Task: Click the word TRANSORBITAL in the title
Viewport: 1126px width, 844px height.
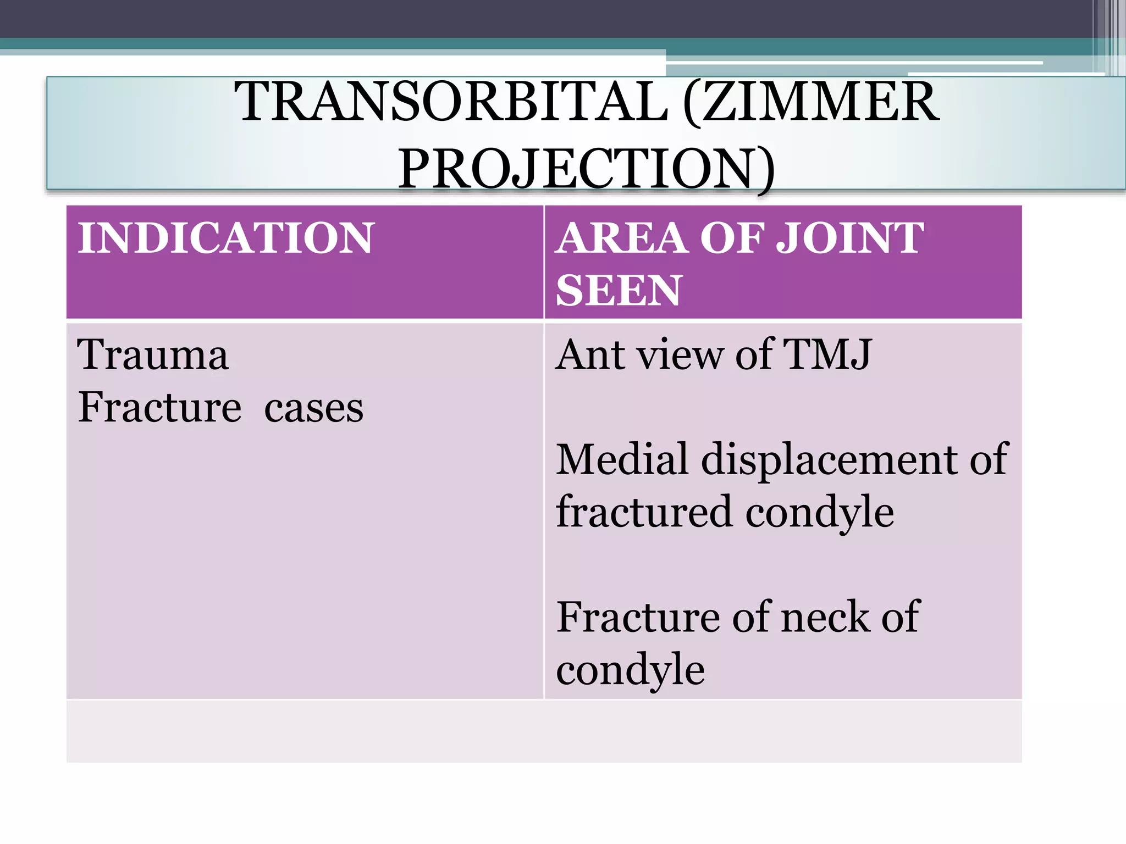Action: (x=451, y=102)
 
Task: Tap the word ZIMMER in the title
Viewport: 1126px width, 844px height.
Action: (x=819, y=102)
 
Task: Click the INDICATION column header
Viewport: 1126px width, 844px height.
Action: (x=226, y=238)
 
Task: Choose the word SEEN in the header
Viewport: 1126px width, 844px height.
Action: (x=619, y=290)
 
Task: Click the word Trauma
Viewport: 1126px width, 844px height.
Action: (x=153, y=354)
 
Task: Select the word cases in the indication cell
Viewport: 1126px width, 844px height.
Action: (x=313, y=408)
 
